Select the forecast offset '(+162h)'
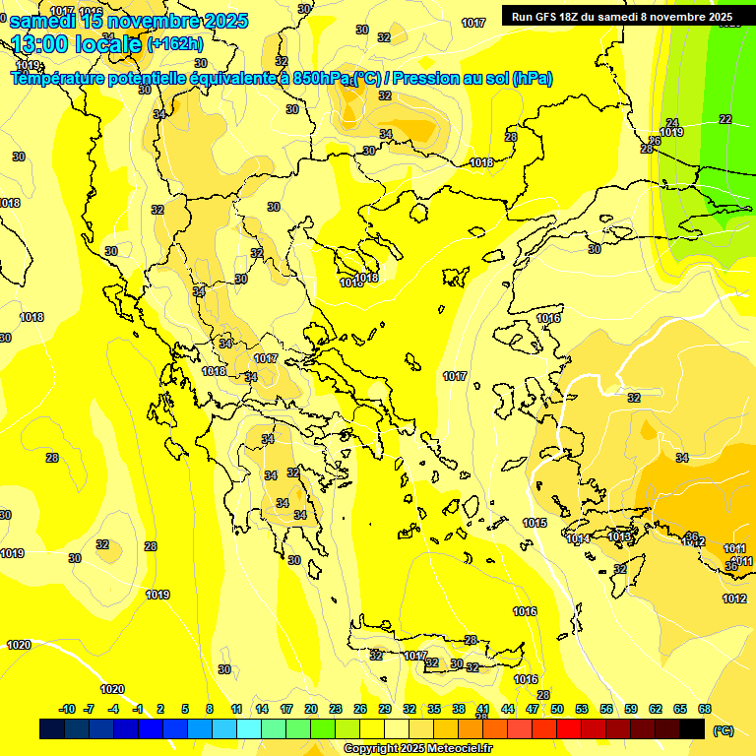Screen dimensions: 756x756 [174, 44]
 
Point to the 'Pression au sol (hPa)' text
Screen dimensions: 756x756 [472, 79]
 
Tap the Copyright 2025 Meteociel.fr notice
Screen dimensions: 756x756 [418, 748]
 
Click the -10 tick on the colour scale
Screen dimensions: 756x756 [67, 709]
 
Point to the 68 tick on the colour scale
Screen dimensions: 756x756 [705, 709]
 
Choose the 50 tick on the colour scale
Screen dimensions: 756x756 [557, 709]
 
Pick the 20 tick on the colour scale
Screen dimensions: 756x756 [311, 709]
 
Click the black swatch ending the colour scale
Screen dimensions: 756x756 [692, 728]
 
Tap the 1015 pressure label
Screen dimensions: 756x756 [535, 523]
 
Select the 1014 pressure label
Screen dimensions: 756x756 [579, 538]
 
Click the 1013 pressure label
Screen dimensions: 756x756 [619, 536]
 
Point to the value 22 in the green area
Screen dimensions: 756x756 [725, 119]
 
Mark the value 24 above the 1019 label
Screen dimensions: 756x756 [672, 123]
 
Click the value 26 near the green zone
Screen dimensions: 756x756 [656, 141]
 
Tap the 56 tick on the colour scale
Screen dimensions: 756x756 [606, 709]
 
